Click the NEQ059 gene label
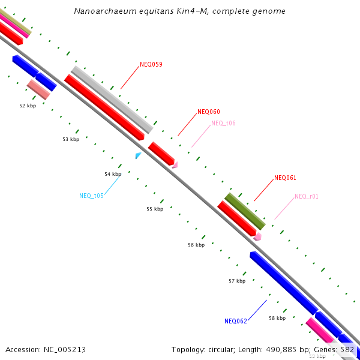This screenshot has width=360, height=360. [151, 64]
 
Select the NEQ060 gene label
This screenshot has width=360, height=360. [209, 112]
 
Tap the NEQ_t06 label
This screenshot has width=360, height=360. [223, 123]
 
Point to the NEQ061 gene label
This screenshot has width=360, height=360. [285, 178]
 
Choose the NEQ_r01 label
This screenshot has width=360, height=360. [307, 196]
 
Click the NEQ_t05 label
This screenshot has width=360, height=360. [91, 196]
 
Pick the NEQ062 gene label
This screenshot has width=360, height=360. [236, 321]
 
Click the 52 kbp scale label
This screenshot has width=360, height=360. [28, 105]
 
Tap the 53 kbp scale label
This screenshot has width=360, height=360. [71, 139]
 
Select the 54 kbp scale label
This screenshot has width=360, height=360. [113, 174]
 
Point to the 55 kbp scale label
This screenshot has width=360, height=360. [155, 209]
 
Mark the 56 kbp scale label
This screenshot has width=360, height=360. [196, 245]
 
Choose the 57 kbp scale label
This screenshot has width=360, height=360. [237, 281]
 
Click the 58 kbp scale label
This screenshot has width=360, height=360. [277, 318]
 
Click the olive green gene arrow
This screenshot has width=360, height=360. [245, 211]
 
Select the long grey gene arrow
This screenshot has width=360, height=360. [112, 100]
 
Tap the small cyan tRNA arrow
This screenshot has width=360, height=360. [139, 155]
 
